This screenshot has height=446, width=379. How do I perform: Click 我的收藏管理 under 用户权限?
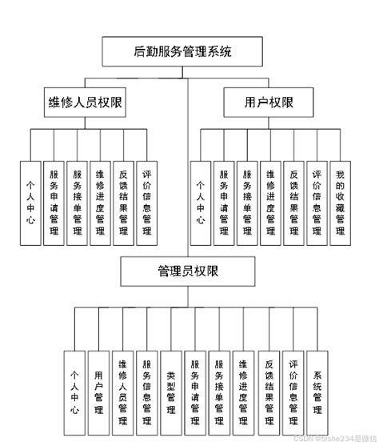339,203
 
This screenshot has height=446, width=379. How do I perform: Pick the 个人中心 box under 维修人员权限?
30,203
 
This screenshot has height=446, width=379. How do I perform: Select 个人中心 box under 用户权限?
201,203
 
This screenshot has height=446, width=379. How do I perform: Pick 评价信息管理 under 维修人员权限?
147,203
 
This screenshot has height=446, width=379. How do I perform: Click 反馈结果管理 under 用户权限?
293,203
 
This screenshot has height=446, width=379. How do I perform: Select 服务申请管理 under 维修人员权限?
54,203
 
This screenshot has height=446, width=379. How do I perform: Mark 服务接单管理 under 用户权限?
247,203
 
